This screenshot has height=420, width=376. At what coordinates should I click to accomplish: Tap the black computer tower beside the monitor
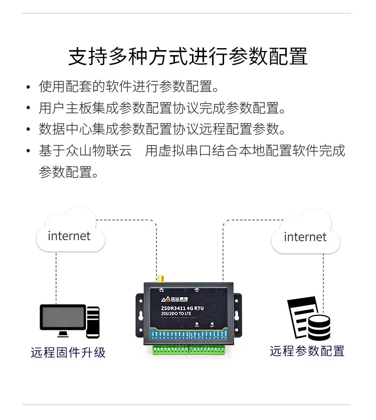(93, 321)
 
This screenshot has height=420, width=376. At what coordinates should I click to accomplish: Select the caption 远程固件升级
(68, 352)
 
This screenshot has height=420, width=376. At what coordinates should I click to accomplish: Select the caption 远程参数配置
(307, 351)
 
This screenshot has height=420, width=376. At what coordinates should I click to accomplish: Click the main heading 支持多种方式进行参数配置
(187, 57)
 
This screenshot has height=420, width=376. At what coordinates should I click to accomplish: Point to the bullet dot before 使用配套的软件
(29, 87)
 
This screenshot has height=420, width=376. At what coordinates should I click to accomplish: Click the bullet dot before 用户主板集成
(29, 108)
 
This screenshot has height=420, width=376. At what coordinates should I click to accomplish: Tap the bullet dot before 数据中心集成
(29, 130)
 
